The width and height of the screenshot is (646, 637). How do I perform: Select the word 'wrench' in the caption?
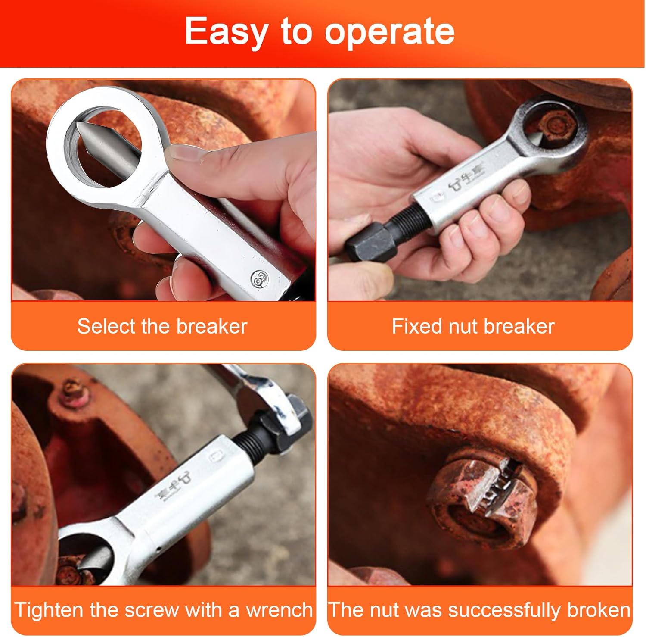pos(279,610)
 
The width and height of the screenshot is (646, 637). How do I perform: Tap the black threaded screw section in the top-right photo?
pos(404,215)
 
